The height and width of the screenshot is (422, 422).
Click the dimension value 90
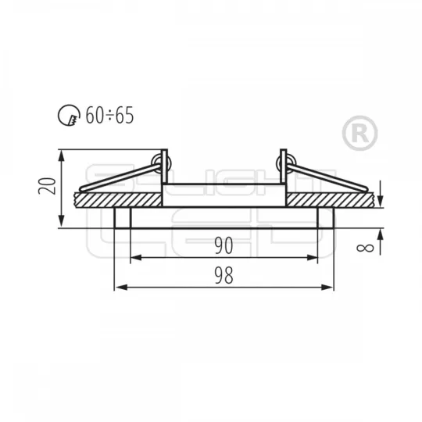pyautogui.click(x=224, y=245)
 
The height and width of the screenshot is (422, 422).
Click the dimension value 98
pyautogui.click(x=224, y=276)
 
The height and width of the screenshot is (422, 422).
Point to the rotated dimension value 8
pyautogui.click(x=365, y=248)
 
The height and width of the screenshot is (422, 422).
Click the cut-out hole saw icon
pyautogui.click(x=69, y=115)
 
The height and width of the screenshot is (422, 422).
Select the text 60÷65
pyautogui.click(x=109, y=115)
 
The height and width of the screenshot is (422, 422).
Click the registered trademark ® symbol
pyautogui.click(x=359, y=133)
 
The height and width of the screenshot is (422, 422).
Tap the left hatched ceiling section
pyautogui.click(x=119, y=200)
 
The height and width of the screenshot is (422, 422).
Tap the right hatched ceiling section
pyautogui.click(x=331, y=200)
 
